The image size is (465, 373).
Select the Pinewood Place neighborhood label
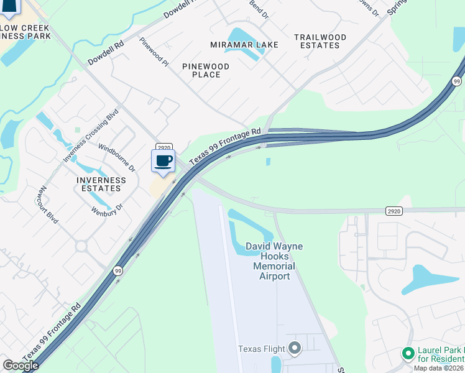[206, 70]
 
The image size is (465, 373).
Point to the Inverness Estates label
[101, 184]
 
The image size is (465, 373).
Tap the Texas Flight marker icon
[295, 348]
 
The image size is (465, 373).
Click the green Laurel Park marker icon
[408, 354]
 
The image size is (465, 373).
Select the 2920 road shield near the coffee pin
[163, 147]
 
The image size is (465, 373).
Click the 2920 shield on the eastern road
[393, 211]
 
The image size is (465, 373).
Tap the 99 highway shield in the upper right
[456, 81]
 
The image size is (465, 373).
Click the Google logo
[21, 366]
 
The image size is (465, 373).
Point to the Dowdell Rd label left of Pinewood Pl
[106, 53]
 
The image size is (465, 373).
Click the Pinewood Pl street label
[154, 52]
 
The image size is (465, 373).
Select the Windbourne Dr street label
[117, 158]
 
